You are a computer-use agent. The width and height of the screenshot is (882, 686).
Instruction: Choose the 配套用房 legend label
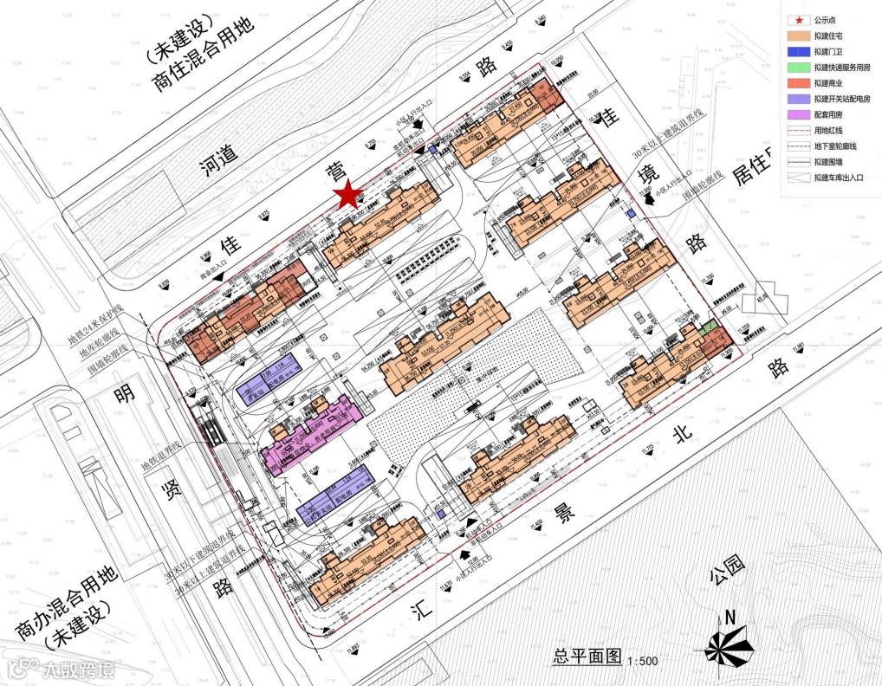[828, 114]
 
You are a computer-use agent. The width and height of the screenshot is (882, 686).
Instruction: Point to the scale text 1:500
[642, 661]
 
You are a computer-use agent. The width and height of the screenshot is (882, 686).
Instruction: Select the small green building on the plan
[708, 327]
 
